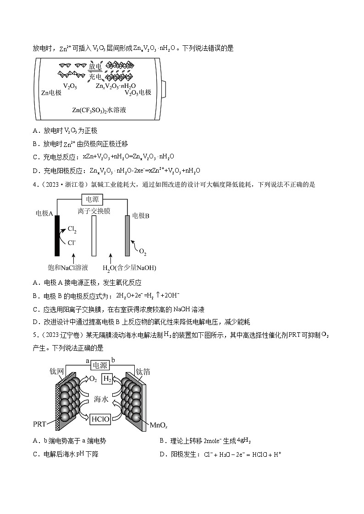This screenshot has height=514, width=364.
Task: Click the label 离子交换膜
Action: point(94,211)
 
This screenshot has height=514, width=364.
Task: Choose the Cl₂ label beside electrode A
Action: point(72,229)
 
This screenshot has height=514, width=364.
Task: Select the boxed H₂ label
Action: point(107,379)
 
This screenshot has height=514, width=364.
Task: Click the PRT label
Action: point(39,423)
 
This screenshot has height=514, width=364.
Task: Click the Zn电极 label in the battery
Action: point(51,92)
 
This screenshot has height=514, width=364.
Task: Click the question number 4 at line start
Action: point(35,185)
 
